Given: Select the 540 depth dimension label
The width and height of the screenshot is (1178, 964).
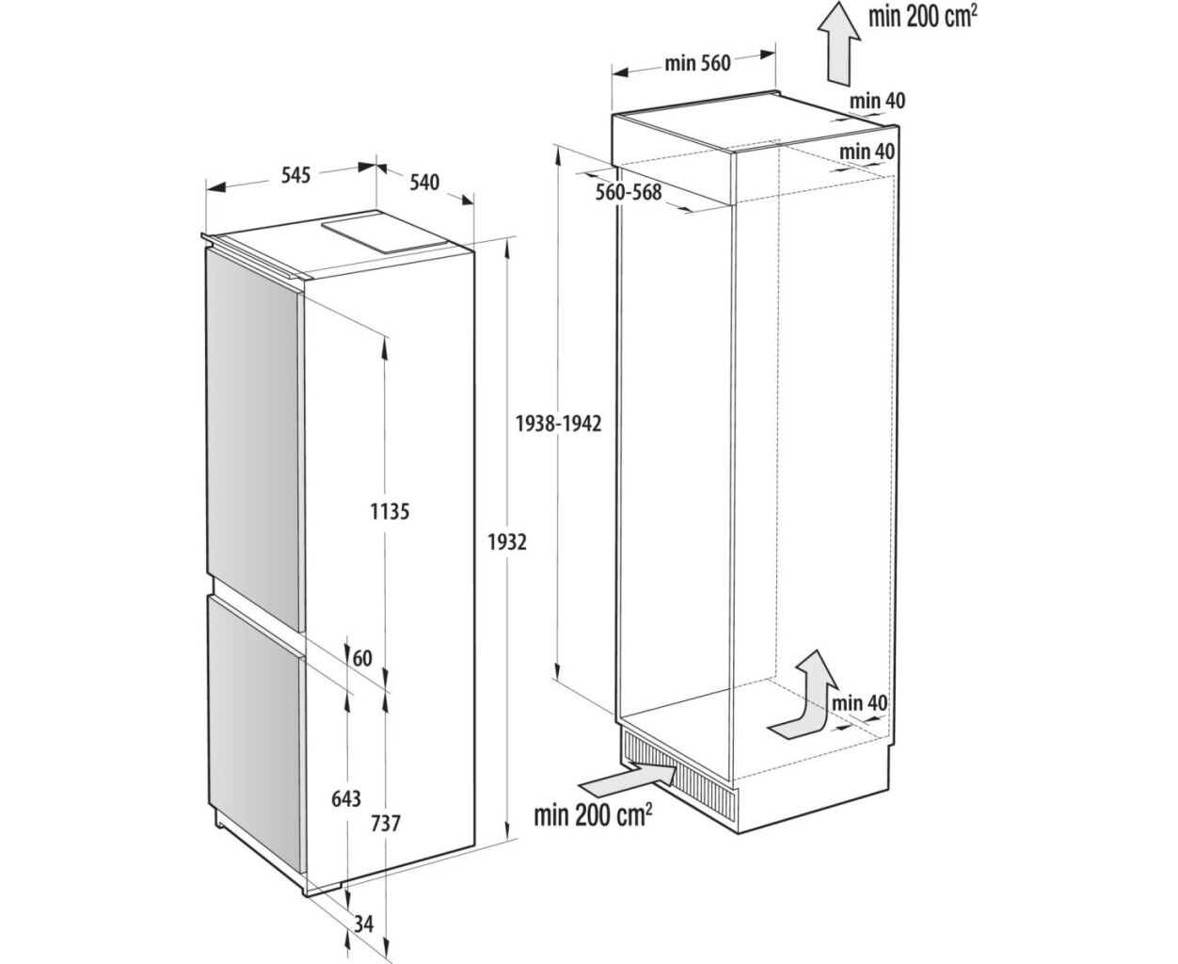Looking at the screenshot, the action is (x=424, y=183).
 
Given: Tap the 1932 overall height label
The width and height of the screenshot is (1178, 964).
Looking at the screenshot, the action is (x=507, y=541).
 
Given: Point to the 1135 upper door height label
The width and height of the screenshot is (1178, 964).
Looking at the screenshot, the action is (x=390, y=511).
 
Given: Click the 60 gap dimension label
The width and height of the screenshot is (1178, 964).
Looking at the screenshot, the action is (x=362, y=658).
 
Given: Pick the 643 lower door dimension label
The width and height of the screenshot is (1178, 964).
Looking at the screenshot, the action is (x=345, y=799).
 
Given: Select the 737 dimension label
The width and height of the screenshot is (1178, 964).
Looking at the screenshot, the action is (x=386, y=823).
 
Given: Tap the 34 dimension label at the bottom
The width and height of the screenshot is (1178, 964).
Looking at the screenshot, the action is (x=363, y=924).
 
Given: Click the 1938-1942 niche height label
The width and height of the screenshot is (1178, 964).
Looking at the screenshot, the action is (x=558, y=425).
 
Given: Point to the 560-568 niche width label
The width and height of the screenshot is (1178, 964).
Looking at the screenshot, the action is (x=628, y=192).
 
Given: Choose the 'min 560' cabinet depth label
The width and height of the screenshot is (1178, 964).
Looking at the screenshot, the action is (x=697, y=64).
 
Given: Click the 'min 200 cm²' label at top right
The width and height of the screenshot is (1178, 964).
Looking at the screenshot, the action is (x=922, y=16).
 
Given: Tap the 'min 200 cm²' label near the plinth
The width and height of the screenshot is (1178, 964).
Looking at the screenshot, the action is (x=593, y=815).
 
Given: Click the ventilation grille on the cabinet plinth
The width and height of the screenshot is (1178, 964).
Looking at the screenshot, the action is (x=678, y=774).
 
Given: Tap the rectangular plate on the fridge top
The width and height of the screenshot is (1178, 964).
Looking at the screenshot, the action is (x=387, y=236).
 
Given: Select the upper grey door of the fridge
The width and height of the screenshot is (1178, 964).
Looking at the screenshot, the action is (x=254, y=442).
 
